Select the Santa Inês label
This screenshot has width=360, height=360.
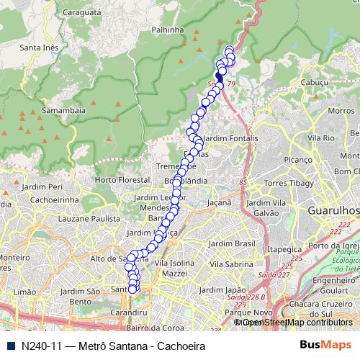(x=40, y=48)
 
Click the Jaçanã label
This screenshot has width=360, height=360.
(x=220, y=204)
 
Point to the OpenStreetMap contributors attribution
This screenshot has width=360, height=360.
(x=295, y=323)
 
